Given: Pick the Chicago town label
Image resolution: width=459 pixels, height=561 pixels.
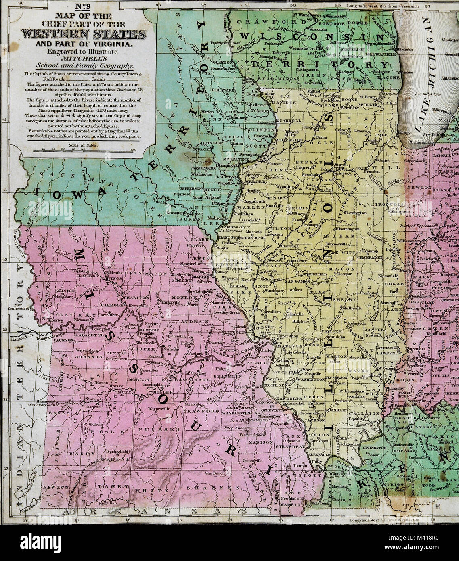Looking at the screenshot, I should click(404, 132).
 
